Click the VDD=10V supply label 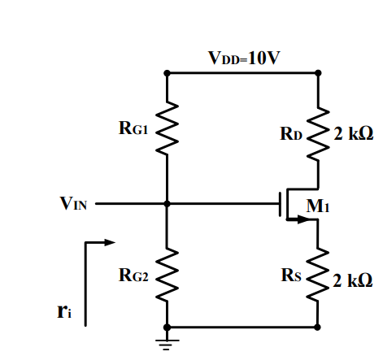[244, 58]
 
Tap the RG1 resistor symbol [167, 128]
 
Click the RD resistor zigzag [319, 129]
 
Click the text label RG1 [133, 128]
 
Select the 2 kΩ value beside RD [353, 132]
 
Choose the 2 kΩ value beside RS [353, 280]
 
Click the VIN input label [73, 204]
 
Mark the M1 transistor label [316, 206]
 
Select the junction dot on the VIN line [167, 204]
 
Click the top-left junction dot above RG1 [167, 73]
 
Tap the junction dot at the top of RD [319, 73]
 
